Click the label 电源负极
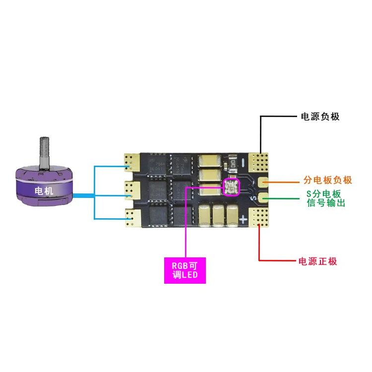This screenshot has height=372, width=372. [320, 117]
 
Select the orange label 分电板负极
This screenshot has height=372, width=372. [327, 180]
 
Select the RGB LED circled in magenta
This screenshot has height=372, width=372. [231, 187]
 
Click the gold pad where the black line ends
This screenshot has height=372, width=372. [259, 160]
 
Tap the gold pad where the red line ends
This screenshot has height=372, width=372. [259, 216]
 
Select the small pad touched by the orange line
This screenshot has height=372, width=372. [262, 182]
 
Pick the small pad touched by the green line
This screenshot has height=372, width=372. [262, 199]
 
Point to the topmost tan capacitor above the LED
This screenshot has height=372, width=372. [209, 161]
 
